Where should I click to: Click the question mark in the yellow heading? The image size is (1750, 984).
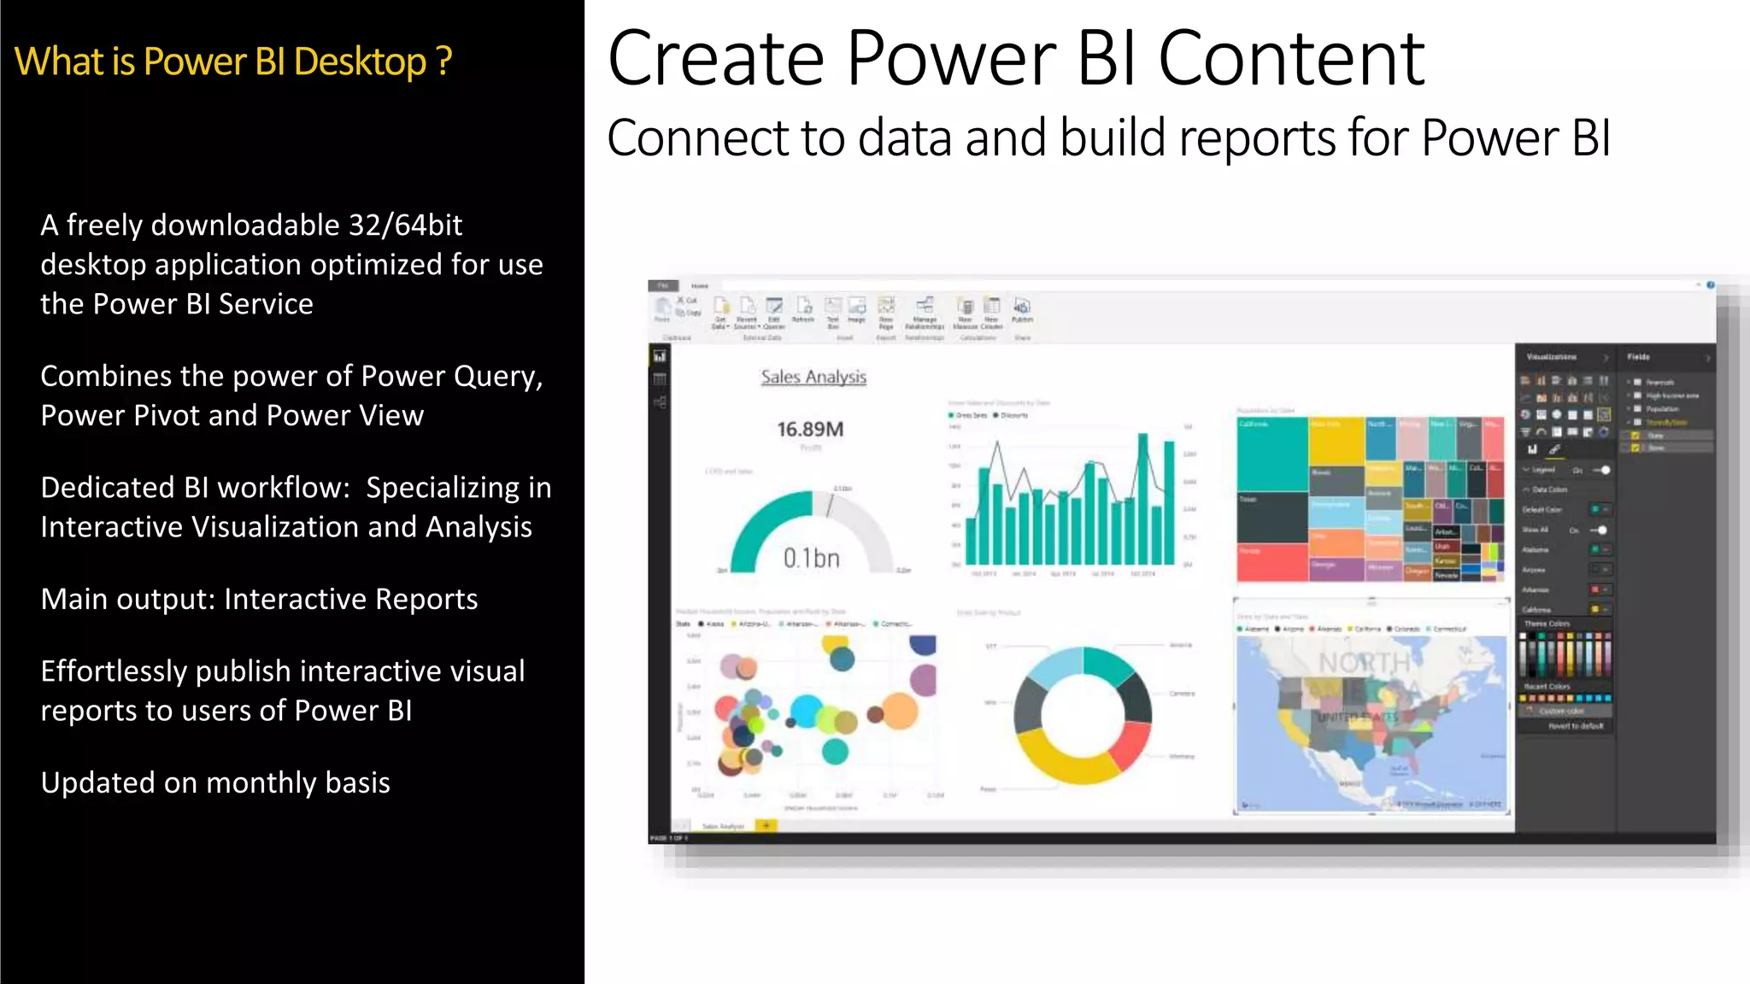click(443, 61)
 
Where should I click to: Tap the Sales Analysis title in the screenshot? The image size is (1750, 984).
click(813, 377)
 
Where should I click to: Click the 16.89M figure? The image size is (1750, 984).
click(809, 429)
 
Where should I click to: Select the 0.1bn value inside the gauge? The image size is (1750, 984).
click(811, 558)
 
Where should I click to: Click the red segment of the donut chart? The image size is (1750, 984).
click(1132, 745)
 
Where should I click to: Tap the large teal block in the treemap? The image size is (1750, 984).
click(1271, 453)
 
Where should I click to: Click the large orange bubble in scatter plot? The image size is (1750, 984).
click(899, 711)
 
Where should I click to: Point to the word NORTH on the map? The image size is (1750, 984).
click(1364, 662)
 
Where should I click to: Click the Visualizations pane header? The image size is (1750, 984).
click(1551, 357)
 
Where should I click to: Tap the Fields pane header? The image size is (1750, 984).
click(1638, 357)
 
